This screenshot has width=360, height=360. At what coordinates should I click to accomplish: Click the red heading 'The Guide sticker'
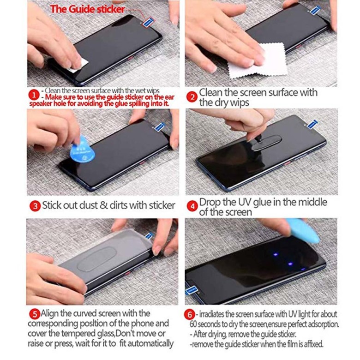(88, 9)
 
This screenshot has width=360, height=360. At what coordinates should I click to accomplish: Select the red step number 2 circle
(192, 97)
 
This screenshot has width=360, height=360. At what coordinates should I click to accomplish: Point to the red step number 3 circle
(35, 206)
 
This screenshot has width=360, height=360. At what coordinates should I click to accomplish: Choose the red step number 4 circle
(192, 206)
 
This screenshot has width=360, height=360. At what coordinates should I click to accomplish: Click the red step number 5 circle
(35, 314)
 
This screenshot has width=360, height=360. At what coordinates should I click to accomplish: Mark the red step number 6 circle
(190, 314)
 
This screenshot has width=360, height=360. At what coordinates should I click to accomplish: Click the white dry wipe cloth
(257, 62)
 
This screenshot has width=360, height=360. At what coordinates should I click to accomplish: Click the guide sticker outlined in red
(148, 23)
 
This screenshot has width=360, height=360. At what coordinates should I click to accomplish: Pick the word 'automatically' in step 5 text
(150, 343)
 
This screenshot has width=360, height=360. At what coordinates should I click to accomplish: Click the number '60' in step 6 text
(193, 324)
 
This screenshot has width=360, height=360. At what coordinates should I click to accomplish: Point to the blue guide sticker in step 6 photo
(192, 290)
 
